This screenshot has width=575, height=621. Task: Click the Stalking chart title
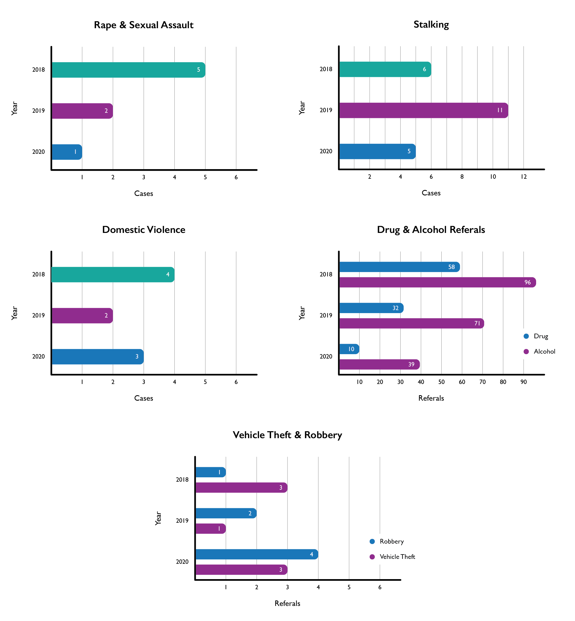431,25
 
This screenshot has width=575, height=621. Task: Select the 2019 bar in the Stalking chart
423,110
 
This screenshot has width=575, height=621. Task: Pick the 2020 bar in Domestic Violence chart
97,357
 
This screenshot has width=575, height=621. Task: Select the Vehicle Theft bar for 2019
210,529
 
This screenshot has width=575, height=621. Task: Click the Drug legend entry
540,336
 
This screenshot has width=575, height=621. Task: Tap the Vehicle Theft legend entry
397,557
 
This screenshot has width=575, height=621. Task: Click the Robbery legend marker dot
372,541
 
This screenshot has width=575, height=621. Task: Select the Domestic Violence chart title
144,230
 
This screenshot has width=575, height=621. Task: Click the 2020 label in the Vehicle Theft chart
182,562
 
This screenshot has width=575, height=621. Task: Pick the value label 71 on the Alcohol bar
477,324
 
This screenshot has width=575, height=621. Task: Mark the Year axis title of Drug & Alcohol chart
302,313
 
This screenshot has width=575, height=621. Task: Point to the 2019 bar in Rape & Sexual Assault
82,111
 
